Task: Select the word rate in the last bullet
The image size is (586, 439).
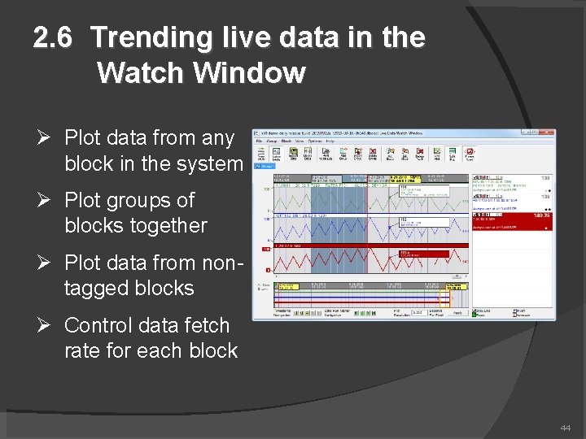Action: click(83, 351)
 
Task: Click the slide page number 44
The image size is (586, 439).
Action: click(565, 428)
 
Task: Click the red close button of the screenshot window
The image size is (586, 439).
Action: click(550, 133)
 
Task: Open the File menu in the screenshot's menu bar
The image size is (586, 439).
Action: click(260, 141)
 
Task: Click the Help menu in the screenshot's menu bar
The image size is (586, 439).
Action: click(330, 141)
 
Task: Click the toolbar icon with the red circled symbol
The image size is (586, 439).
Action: click(470, 154)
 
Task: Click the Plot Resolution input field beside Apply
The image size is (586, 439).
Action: click(418, 312)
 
